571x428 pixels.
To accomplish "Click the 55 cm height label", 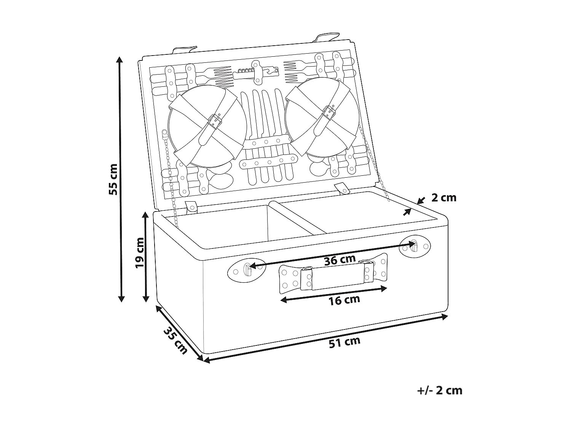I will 113,179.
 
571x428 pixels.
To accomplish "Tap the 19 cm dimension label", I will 140,253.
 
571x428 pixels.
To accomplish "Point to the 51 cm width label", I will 345,342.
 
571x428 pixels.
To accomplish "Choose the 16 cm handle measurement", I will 344,300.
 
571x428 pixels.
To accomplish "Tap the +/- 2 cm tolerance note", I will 440,390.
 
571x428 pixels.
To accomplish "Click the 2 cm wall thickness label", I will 443,198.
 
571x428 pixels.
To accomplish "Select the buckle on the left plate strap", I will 215,121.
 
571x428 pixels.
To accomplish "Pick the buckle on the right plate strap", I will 329,111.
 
